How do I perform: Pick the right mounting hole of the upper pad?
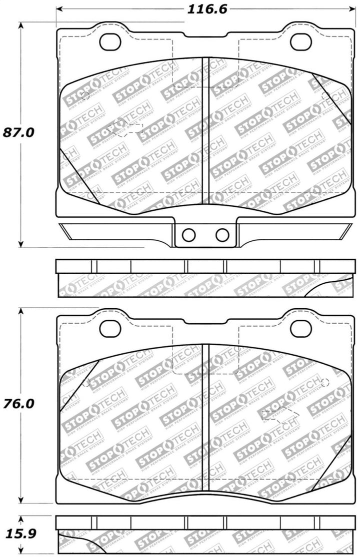300,43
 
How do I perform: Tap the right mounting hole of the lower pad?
300,328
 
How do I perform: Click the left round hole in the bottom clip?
188,235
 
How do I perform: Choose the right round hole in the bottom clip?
222,235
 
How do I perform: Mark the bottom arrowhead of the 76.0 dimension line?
20,500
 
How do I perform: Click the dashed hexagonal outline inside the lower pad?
280,414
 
